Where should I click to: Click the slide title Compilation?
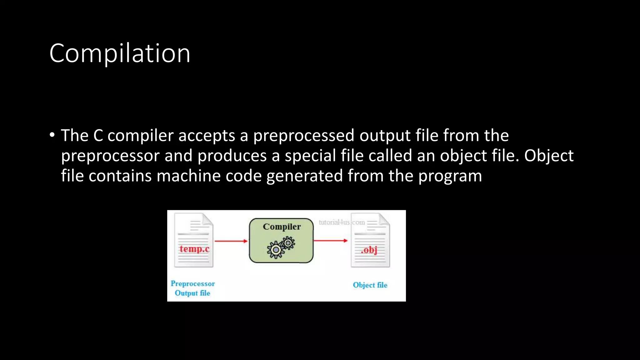pyautogui.click(x=120, y=53)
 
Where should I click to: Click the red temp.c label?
pyautogui.click(x=194, y=249)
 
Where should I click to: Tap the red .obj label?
pyautogui.click(x=369, y=250)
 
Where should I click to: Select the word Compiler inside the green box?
pyautogui.click(x=282, y=227)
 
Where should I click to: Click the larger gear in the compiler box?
pyautogui.click(x=275, y=250)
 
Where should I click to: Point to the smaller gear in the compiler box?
pyautogui.click(x=288, y=243)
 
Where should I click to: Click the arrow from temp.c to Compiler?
pyautogui.click(x=231, y=241)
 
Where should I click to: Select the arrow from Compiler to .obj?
pyautogui.click(x=330, y=241)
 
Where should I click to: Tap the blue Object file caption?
pyautogui.click(x=370, y=285)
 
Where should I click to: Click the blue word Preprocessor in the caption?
pyautogui.click(x=192, y=284)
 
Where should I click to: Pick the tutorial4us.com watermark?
pyautogui.click(x=342, y=222)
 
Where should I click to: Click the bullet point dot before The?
pyautogui.click(x=52, y=135)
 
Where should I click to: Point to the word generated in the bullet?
pyautogui.click(x=304, y=176)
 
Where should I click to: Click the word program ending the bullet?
pyautogui.click(x=450, y=176)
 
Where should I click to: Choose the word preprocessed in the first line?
pyautogui.click(x=303, y=136)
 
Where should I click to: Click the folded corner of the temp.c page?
pyautogui.click(x=207, y=219)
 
